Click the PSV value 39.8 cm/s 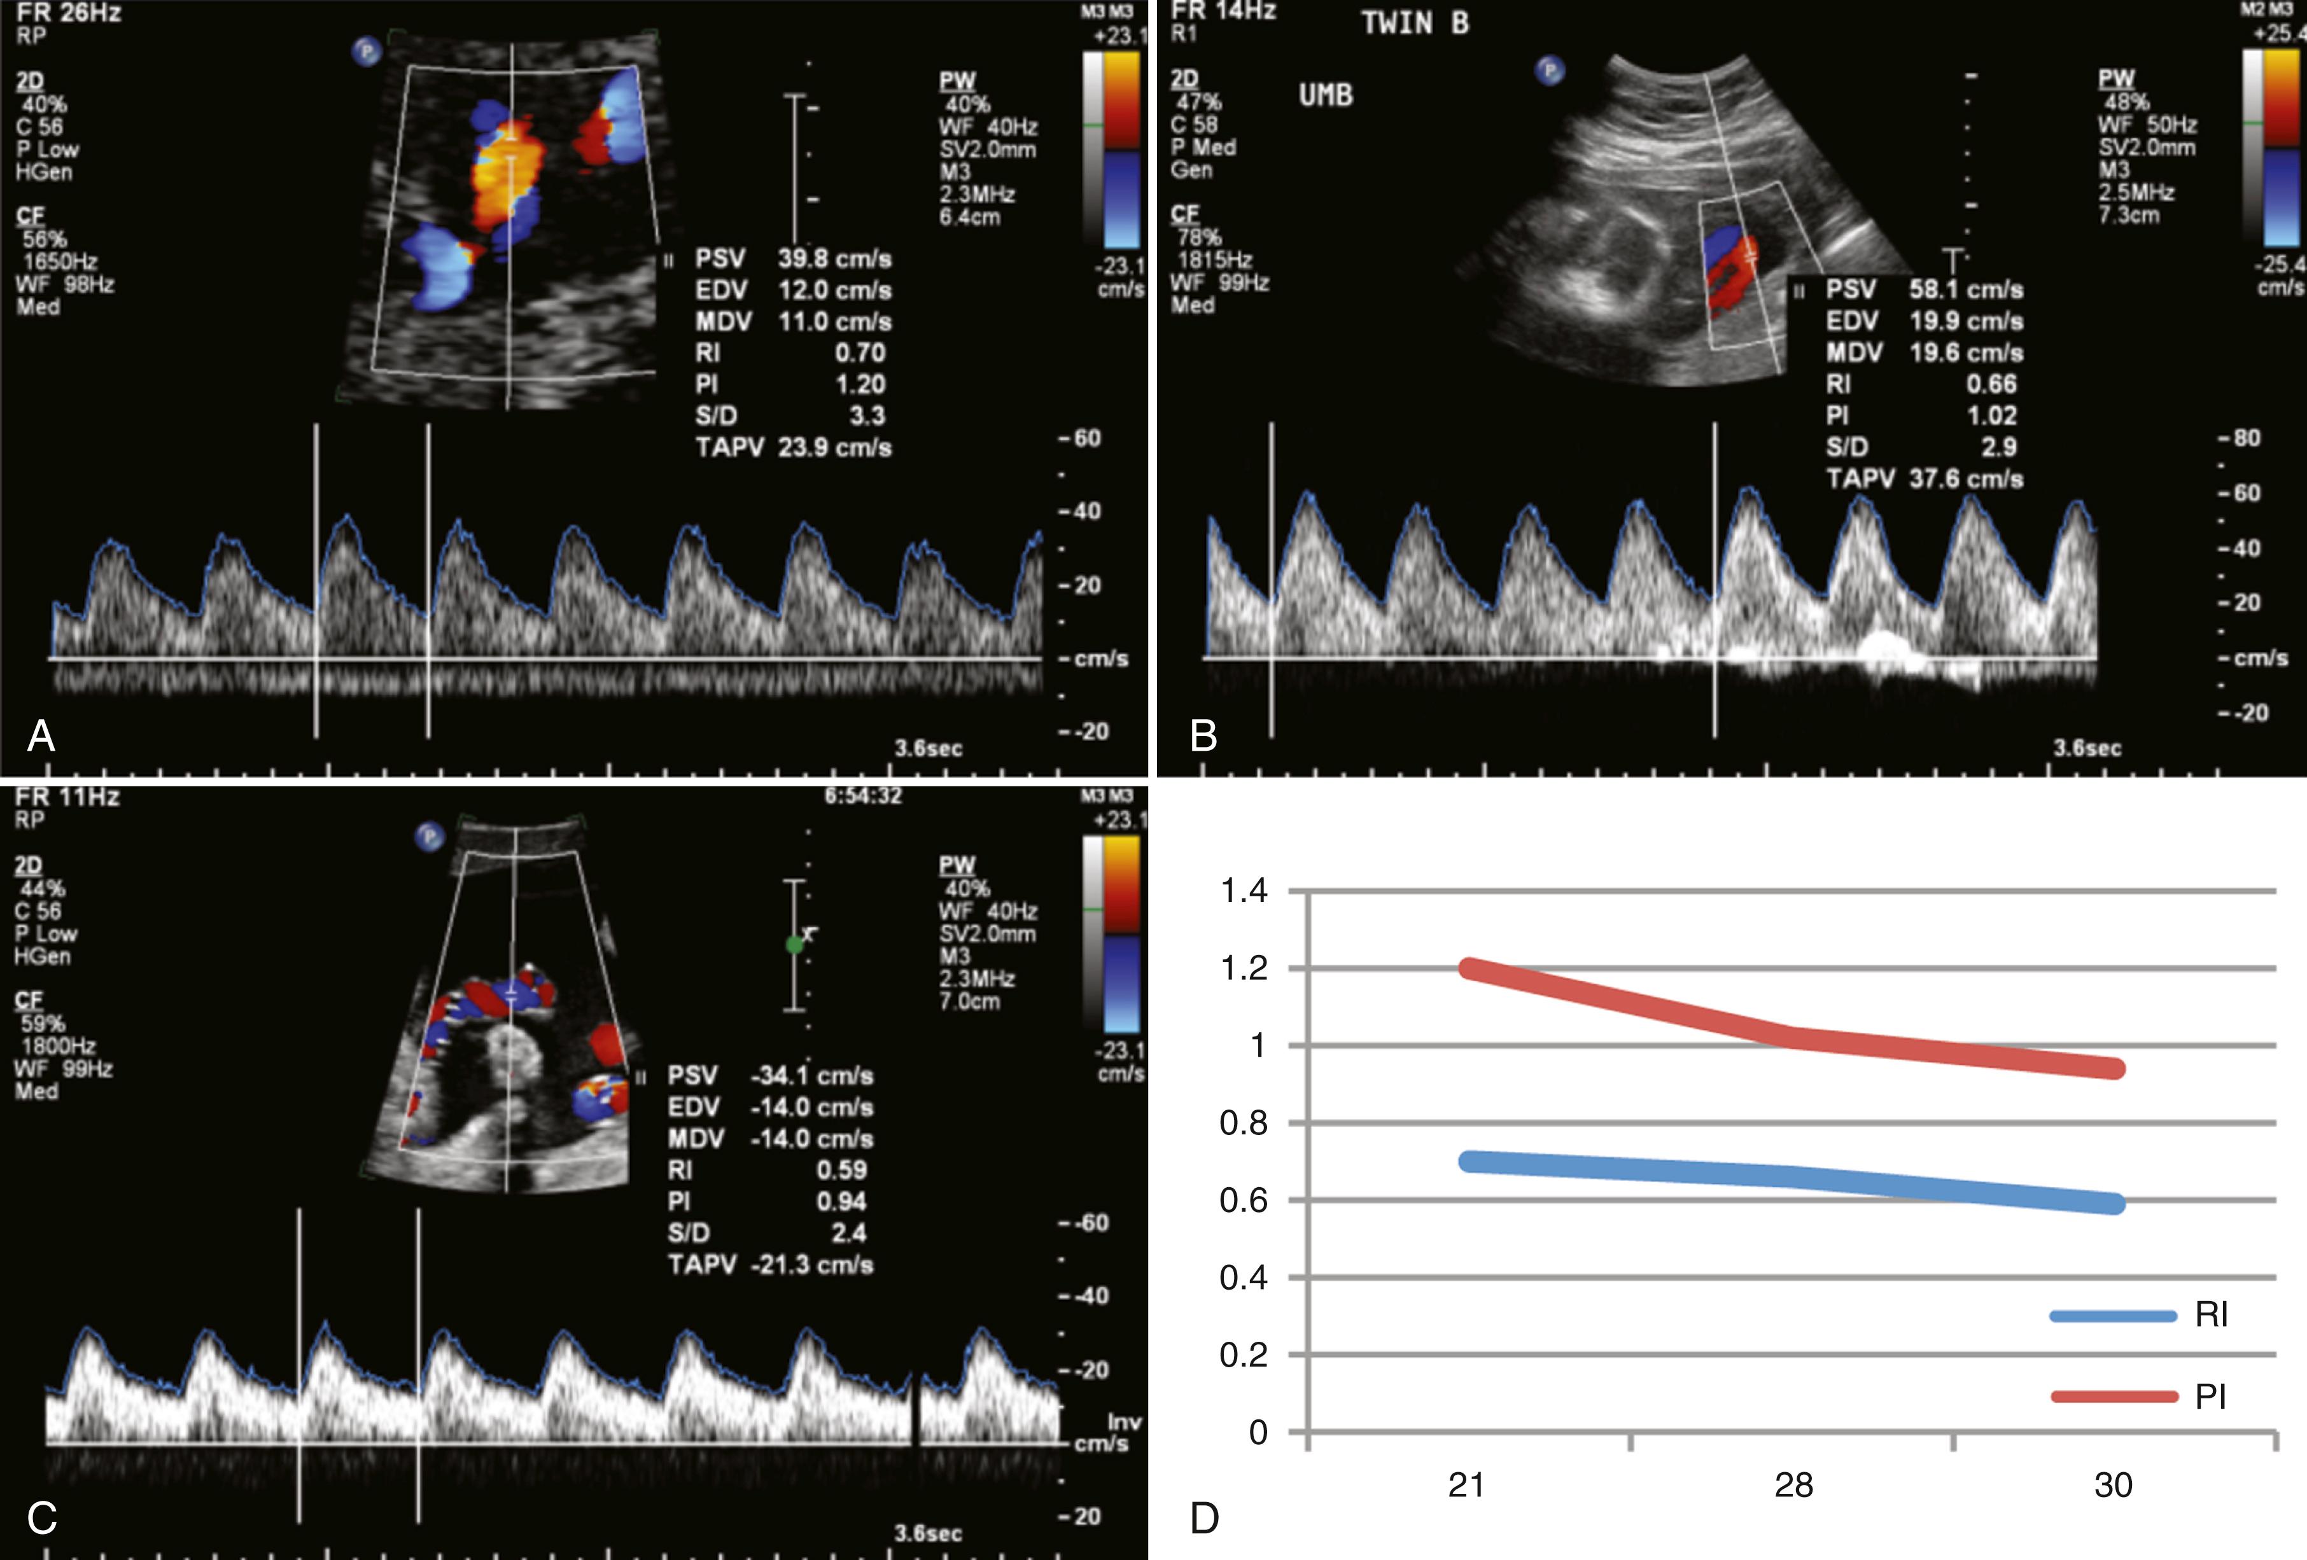[834, 259]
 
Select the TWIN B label [1415, 24]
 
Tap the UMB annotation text [1325, 95]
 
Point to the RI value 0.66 [1991, 384]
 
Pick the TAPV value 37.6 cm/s [1965, 479]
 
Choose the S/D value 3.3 [867, 416]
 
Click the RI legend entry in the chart [2211, 1315]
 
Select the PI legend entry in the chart [2210, 1397]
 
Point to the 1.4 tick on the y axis [1244, 891]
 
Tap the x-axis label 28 [1793, 1486]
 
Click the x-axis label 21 [1466, 1486]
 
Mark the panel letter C [42, 1518]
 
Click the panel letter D [1204, 1518]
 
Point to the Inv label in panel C [1124, 1421]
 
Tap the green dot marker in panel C [794, 945]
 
